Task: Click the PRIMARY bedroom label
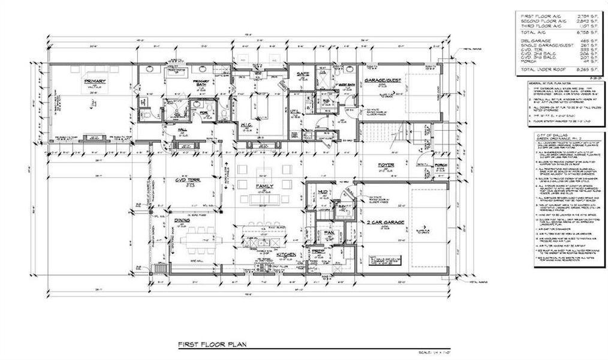(x=95, y=81)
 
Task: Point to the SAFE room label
(x=301, y=74)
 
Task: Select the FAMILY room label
(x=264, y=187)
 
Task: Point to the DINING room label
(x=183, y=220)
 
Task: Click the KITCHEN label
(x=284, y=254)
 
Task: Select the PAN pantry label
(x=329, y=232)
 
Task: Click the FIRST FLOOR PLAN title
(x=211, y=345)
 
